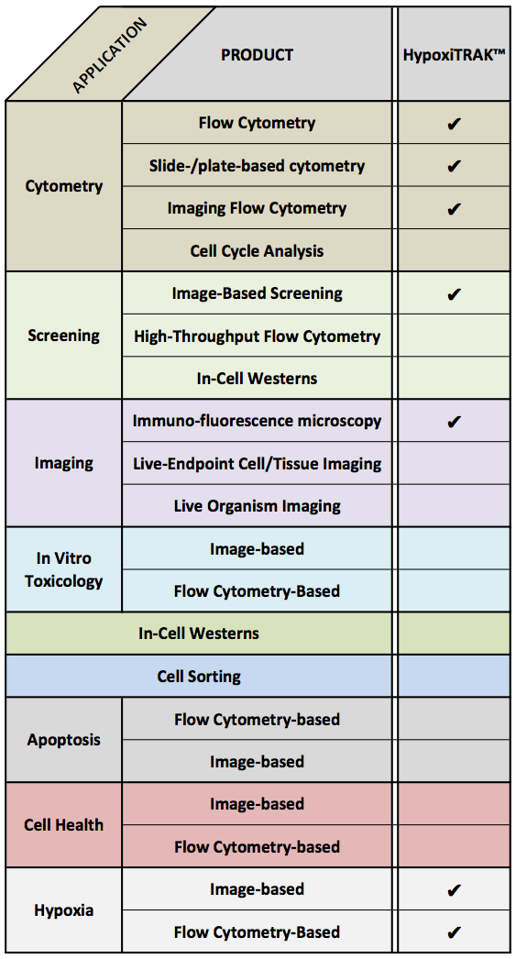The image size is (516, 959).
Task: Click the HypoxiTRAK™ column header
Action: click(453, 55)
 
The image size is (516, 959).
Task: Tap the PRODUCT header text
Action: click(257, 55)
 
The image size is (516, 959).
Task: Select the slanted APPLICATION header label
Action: click(110, 56)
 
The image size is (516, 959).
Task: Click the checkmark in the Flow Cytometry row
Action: click(453, 124)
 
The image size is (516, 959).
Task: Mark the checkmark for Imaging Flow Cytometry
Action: click(453, 209)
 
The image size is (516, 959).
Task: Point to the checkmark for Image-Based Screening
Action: click(453, 294)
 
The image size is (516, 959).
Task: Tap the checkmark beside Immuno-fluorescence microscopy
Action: click(453, 422)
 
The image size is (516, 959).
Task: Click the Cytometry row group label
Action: click(64, 186)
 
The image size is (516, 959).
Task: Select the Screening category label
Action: click(63, 336)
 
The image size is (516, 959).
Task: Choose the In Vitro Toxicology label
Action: click(63, 569)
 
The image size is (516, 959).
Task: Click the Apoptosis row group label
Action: click(63, 740)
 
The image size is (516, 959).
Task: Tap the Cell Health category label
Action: click(63, 825)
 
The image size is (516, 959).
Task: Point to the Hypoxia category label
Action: click(63, 910)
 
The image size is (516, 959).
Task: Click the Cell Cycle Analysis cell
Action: click(257, 251)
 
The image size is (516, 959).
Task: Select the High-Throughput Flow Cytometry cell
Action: click(257, 336)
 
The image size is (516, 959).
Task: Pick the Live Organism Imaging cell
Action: click(257, 506)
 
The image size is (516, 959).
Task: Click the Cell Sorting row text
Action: click(199, 677)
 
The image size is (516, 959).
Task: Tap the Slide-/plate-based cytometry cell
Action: click(257, 166)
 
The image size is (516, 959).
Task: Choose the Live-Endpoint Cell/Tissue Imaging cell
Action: click(257, 464)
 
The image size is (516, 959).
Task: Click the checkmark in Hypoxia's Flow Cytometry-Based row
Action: click(453, 932)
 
